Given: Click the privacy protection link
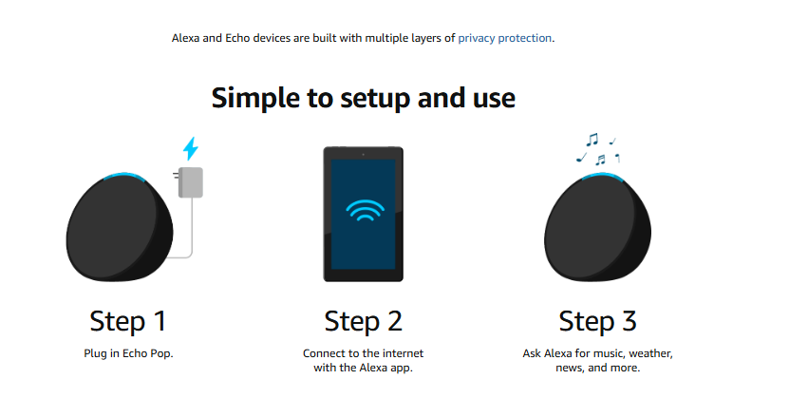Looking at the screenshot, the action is pyautogui.click(x=505, y=38).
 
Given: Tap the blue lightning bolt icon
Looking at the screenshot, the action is pyautogui.click(x=191, y=148).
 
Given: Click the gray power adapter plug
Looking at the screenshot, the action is pyautogui.click(x=190, y=182).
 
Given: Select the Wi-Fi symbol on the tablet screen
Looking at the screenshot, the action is pyautogui.click(x=365, y=211).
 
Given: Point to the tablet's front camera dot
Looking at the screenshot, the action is pyautogui.click(x=364, y=154).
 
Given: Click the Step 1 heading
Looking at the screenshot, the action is pyautogui.click(x=128, y=321).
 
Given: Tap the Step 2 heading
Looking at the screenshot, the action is pyautogui.click(x=364, y=321).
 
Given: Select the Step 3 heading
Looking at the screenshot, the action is pyautogui.click(x=598, y=321).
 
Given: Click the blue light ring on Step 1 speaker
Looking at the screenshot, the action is pyautogui.click(x=124, y=176).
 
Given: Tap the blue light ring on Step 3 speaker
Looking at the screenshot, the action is pyautogui.click(x=602, y=176).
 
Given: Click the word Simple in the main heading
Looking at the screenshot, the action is pyautogui.click(x=255, y=98).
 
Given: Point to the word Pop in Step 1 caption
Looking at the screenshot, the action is pyautogui.click(x=161, y=353).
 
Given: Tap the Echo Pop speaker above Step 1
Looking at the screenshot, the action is pyautogui.click(x=120, y=227).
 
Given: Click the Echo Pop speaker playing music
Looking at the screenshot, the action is pyautogui.click(x=598, y=227).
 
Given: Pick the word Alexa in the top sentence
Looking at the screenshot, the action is pyautogui.click(x=186, y=38).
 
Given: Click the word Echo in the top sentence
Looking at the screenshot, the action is pyautogui.click(x=237, y=38).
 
